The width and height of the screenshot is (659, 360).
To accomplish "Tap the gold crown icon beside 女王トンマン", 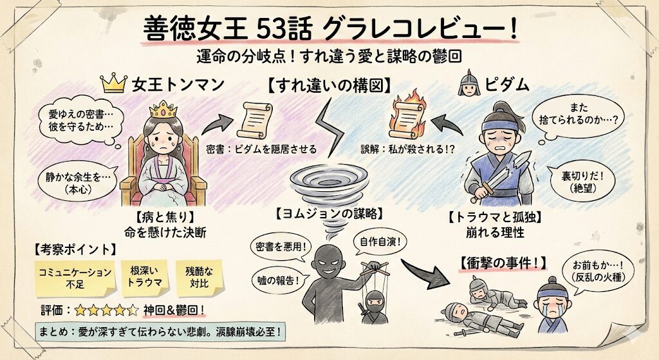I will click(113, 84).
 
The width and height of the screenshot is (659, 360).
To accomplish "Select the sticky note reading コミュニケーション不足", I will click(73, 276).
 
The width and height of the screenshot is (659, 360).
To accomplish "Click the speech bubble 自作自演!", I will click(379, 243).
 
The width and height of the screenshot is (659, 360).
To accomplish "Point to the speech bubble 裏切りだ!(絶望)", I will click(582, 181).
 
